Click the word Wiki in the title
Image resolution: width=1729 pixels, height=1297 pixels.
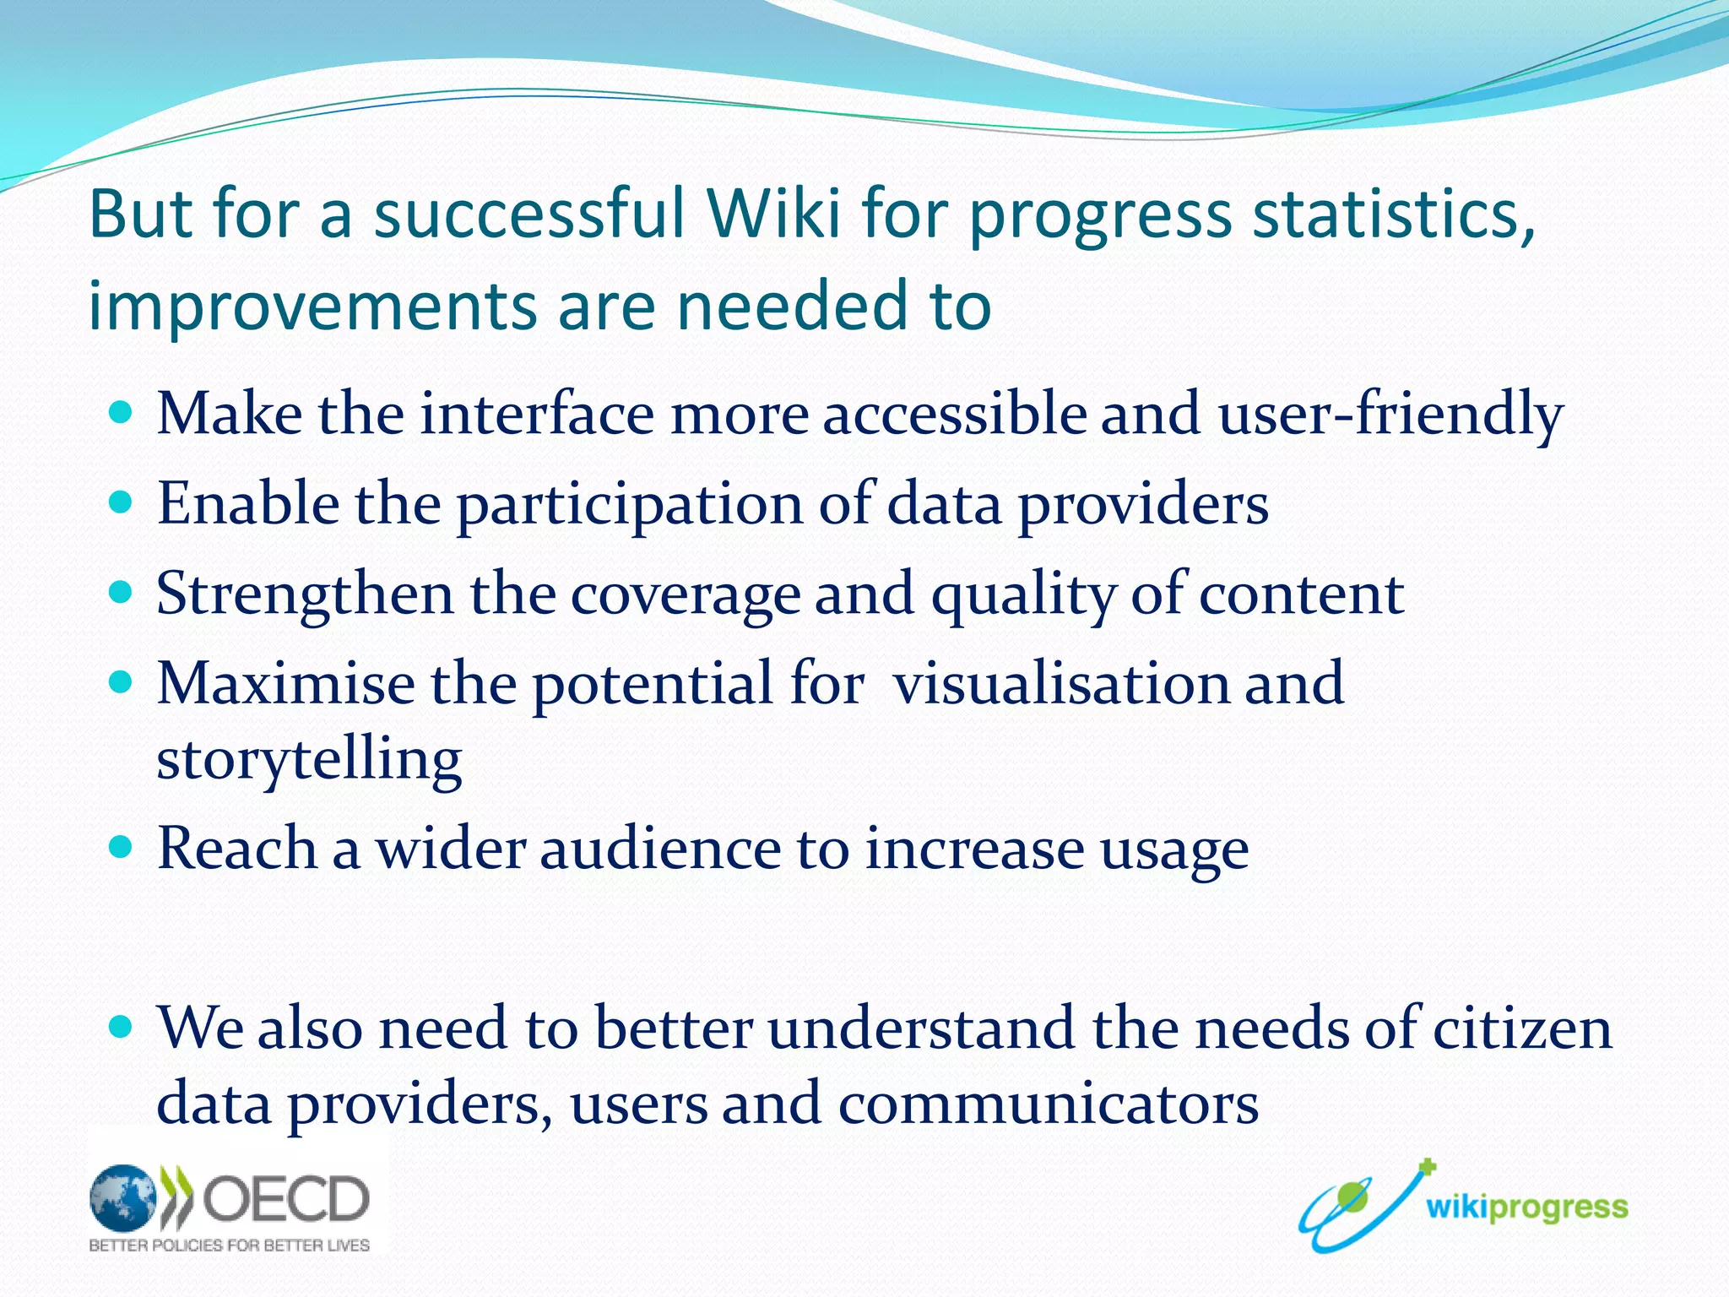pos(774,214)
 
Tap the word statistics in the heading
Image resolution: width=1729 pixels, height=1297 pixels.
pos(1393,214)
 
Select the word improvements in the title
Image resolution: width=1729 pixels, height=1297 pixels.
pos(312,306)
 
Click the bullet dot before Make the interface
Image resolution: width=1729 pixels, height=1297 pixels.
pos(122,413)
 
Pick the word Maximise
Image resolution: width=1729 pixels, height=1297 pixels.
pos(285,683)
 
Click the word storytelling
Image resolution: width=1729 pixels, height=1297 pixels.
pos(309,760)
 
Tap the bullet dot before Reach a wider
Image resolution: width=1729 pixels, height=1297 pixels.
pos(122,847)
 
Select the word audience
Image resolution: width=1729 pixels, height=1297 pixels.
pos(660,849)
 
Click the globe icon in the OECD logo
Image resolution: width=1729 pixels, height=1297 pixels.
pos(123,1197)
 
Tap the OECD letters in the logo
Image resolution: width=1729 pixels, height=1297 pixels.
pos(285,1198)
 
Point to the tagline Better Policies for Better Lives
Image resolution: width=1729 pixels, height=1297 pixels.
pos(229,1245)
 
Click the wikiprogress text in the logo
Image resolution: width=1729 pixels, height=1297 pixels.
pos(1526,1207)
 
